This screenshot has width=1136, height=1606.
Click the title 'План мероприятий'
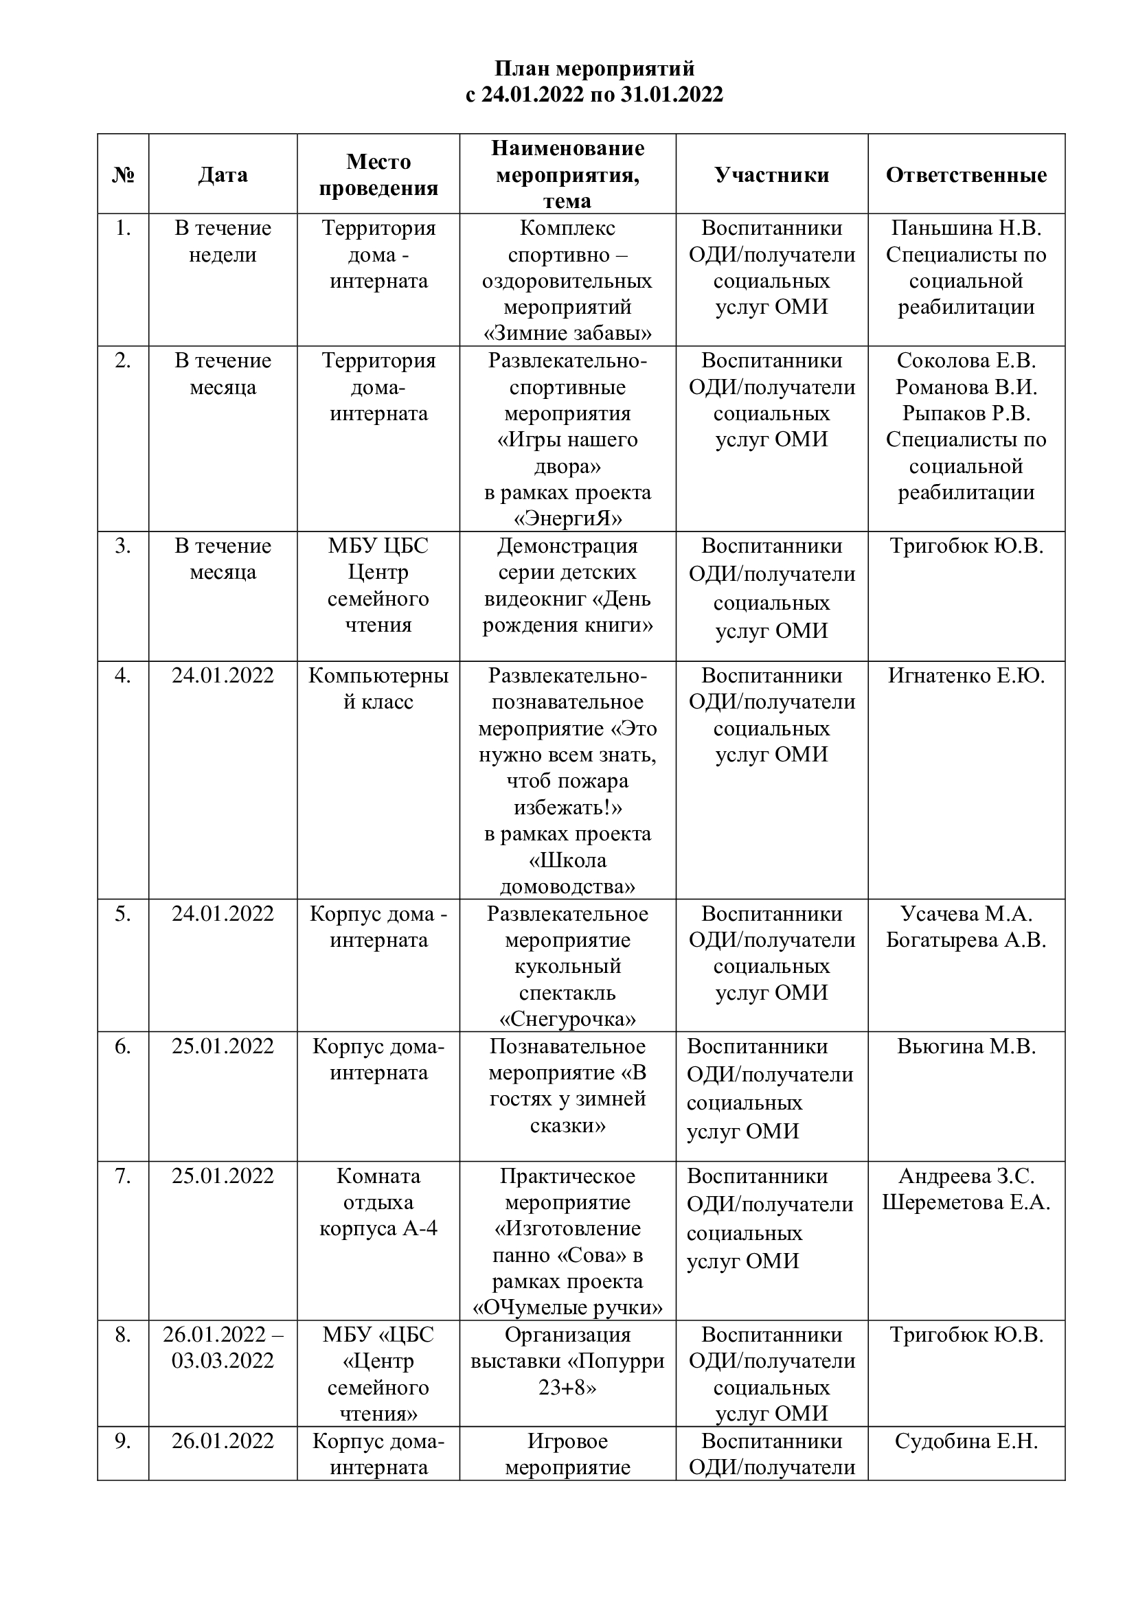pos(595,69)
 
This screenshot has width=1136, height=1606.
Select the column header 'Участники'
pos(771,175)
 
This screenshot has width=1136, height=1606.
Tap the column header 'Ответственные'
pos(966,175)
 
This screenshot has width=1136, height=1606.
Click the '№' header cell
pos(123,175)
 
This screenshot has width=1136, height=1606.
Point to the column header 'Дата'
pos(223,175)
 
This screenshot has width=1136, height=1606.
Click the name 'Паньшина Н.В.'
pos(966,228)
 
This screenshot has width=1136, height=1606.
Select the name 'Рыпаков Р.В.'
pos(966,413)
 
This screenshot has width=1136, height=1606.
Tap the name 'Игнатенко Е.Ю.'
pos(966,676)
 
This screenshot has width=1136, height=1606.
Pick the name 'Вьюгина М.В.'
pos(966,1046)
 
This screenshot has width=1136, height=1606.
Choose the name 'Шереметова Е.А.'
pos(966,1202)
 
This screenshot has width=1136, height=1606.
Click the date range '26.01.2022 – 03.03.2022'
pos(223,1348)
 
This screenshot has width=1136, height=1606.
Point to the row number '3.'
pos(123,546)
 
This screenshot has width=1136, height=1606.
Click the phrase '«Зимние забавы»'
pos(567,333)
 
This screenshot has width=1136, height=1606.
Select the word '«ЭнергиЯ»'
pos(567,518)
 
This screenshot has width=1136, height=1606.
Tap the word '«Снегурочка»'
pos(567,1019)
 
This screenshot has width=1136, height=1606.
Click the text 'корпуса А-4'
pos(378,1229)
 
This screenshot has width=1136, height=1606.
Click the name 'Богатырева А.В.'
pos(966,940)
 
